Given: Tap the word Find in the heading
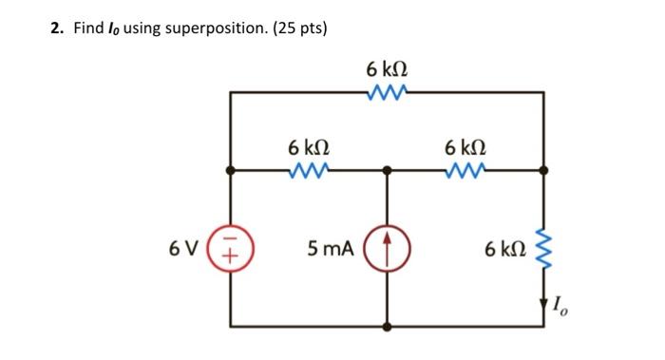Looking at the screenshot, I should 89,28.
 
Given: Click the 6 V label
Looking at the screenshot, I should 183,249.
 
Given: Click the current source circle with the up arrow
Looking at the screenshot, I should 388,249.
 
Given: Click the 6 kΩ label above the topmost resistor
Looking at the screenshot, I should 387,69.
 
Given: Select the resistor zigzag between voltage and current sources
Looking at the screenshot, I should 309,171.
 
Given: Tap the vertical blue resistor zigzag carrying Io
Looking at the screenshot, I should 544,249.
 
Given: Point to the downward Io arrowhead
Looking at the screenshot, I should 544,306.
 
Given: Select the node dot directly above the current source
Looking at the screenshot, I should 388,171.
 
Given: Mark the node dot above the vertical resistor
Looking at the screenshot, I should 544,171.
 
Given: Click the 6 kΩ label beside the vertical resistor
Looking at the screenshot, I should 503,249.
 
